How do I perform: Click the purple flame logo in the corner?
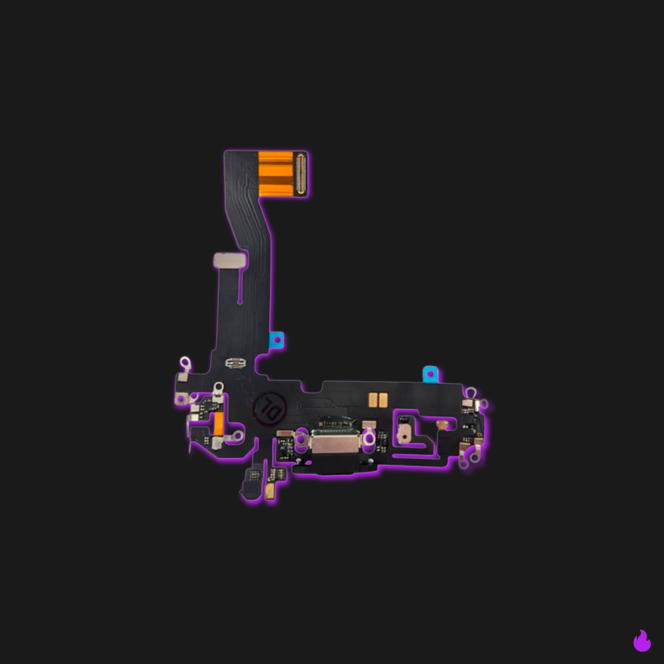(x=642, y=641)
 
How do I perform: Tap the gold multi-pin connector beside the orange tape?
(x=301, y=174)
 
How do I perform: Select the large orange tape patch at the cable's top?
(x=275, y=174)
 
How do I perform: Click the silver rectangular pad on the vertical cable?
(x=230, y=260)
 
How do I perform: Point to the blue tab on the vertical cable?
(x=277, y=339)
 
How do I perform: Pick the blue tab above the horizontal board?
(x=430, y=374)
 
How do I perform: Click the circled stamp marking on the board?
(x=270, y=408)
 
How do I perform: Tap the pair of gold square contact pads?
(x=377, y=400)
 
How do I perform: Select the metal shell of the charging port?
(x=335, y=442)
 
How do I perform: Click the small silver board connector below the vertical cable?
(x=235, y=363)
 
